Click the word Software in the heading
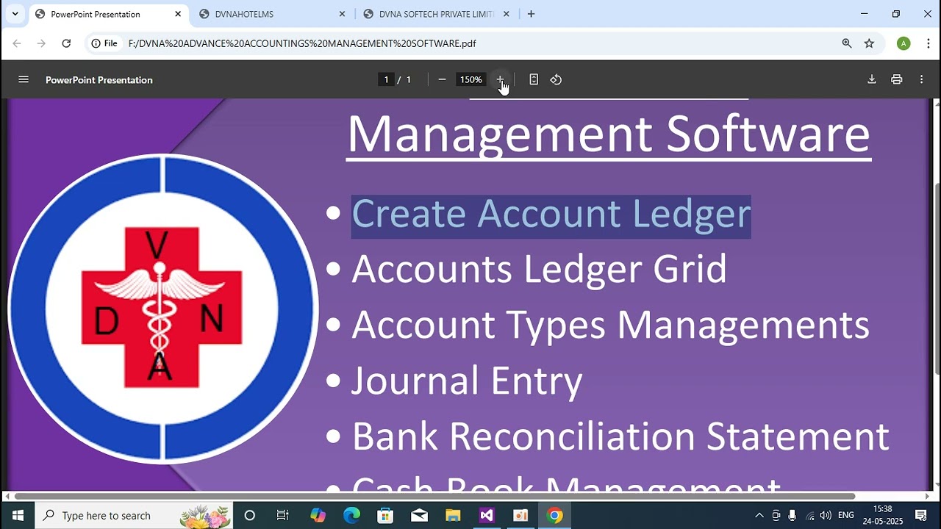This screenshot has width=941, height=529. coord(768,134)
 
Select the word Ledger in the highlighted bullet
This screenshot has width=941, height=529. coord(691,215)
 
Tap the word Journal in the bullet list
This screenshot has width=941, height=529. coord(415,381)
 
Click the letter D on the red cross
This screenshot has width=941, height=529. coord(107,320)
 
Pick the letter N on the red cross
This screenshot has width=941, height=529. coord(212,319)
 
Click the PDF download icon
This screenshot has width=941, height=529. coord(872,79)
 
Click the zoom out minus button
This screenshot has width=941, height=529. coord(442,79)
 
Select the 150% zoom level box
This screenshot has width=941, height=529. coord(470,79)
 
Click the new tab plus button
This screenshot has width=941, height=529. coord(531,14)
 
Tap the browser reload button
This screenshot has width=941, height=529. coord(66,43)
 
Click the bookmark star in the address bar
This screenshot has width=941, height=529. coord(869,43)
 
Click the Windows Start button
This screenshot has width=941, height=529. coord(18,516)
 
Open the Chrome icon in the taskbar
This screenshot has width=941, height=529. coord(555,516)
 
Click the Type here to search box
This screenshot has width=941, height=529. coord(132,516)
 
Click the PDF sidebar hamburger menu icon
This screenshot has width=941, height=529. coord(24,79)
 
